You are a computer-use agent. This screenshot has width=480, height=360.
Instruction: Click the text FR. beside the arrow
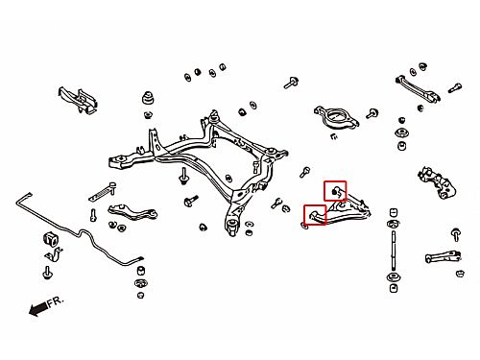click(56, 302)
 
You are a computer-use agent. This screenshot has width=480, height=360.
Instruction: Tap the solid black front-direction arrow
click(37, 309)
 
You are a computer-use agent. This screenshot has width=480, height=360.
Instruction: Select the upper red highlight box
click(335, 191)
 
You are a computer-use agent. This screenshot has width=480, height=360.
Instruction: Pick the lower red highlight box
click(315, 215)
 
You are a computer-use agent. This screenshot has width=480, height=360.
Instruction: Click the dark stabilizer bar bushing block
click(50, 238)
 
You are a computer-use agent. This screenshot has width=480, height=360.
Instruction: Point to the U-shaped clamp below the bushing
click(54, 253)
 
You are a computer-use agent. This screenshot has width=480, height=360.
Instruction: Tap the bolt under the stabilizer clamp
click(47, 273)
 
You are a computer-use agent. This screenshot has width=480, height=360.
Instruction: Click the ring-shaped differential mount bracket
click(336, 117)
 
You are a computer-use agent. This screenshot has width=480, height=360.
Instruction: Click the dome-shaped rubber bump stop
click(148, 98)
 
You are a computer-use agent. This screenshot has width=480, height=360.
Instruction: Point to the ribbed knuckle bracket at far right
click(437, 183)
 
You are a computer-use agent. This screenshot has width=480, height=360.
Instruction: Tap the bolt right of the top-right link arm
click(455, 87)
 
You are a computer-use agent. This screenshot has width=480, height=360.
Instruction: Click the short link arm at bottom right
click(443, 256)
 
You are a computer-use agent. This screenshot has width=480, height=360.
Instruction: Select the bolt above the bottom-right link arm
click(456, 234)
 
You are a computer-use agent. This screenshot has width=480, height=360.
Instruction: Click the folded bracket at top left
click(78, 100)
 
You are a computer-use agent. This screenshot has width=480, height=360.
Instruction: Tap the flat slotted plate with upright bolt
click(103, 192)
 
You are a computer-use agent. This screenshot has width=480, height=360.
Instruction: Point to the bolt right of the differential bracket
click(372, 113)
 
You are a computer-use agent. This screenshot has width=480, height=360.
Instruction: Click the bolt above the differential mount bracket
click(291, 83)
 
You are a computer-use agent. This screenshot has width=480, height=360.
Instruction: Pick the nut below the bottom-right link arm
click(460, 274)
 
